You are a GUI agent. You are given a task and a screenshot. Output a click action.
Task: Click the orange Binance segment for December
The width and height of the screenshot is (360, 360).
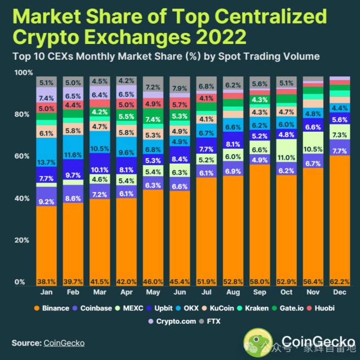point(340,220)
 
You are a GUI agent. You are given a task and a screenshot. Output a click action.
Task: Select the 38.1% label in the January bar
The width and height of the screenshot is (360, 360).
point(47,282)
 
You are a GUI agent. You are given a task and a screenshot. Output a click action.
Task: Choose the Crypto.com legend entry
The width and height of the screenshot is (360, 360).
point(172,321)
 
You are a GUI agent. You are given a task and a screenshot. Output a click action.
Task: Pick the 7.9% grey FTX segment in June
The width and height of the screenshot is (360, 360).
point(179,88)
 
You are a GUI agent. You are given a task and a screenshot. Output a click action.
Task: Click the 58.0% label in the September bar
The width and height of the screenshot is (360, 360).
point(260,282)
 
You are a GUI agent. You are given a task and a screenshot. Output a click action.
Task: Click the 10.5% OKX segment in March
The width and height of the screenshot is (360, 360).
point(100,149)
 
